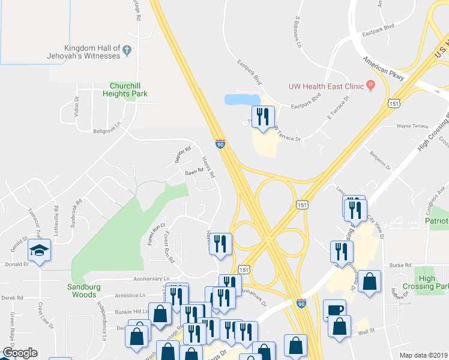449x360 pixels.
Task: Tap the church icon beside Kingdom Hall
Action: (127, 52)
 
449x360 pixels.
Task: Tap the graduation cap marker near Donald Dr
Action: (39, 250)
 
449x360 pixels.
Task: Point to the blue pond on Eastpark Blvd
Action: (242, 99)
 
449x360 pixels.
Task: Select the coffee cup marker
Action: (334, 310)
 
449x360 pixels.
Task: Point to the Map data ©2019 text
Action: (423, 355)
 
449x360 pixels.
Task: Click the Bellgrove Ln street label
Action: (107, 131)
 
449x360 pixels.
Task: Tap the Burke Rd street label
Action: (400, 265)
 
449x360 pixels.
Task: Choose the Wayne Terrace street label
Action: (412, 127)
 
